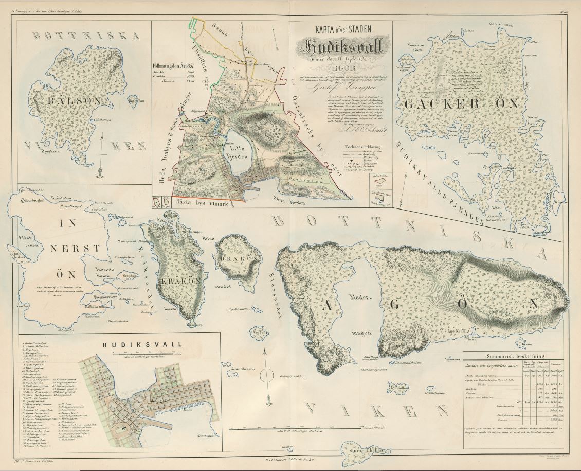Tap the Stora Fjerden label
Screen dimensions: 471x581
(x=290, y=202)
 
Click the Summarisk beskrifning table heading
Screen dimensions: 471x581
(x=515, y=355)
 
